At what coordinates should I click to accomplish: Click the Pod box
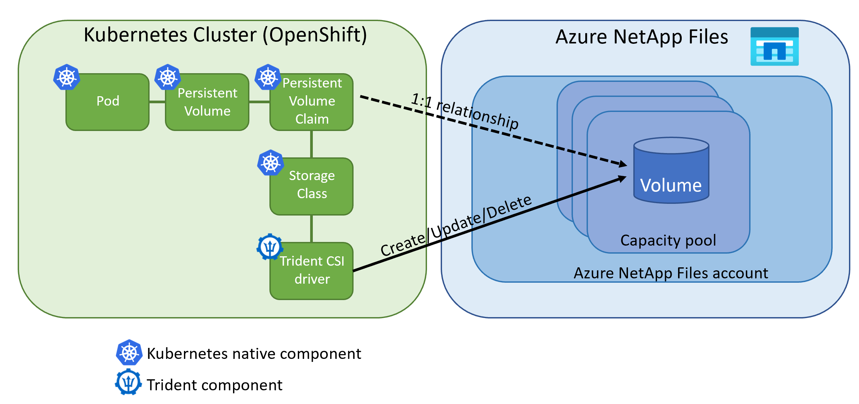(108, 102)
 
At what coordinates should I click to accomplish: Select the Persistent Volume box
(207, 102)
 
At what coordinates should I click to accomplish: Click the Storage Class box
(311, 186)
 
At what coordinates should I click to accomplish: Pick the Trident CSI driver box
(311, 271)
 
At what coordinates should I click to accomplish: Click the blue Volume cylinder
(671, 174)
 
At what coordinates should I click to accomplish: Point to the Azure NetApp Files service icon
(774, 46)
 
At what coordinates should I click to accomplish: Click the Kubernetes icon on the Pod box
(67, 77)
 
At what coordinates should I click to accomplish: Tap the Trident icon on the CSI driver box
(270, 247)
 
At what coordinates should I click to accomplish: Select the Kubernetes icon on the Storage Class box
(270, 163)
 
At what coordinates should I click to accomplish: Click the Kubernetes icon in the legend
(129, 353)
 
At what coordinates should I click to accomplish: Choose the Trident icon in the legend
(128, 382)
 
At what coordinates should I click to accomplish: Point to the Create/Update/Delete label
(456, 226)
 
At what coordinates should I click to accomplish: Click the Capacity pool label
(668, 240)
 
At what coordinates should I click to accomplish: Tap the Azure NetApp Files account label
(671, 273)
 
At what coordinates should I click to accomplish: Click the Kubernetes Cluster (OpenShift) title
(225, 35)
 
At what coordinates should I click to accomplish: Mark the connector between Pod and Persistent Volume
(157, 102)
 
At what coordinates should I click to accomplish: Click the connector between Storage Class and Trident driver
(311, 229)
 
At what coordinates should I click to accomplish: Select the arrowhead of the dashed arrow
(623, 164)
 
